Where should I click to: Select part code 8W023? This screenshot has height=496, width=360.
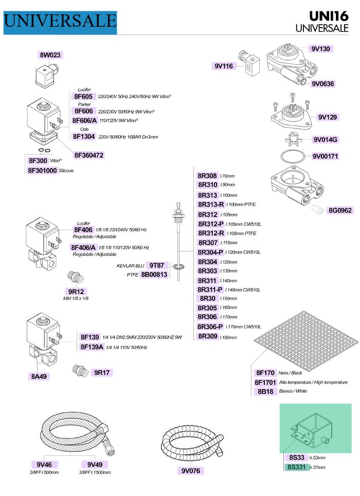point(51,55)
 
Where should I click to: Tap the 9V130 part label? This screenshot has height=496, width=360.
point(320,49)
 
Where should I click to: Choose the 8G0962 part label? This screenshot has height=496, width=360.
point(340,210)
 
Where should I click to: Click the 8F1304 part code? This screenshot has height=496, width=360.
point(84,137)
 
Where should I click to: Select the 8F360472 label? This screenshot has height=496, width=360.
point(89,155)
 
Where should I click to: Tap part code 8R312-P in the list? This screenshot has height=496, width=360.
point(210,224)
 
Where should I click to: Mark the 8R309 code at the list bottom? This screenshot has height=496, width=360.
point(207,337)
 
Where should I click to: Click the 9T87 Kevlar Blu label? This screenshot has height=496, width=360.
point(157,265)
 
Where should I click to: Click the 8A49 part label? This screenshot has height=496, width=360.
point(39,376)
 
